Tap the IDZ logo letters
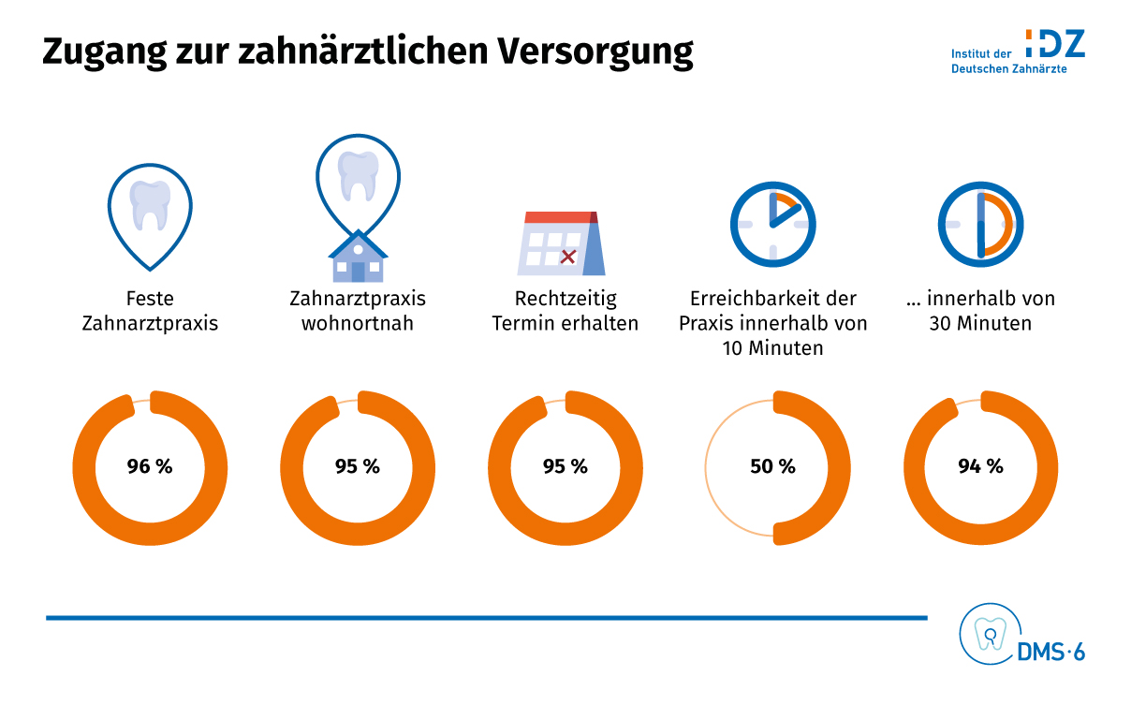click(1055, 43)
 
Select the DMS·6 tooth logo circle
click(985, 635)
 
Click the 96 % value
click(150, 466)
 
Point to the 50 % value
click(773, 466)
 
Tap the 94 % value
click(980, 466)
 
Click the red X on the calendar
click(567, 256)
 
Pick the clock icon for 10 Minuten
click(773, 224)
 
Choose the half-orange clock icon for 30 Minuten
click(980, 224)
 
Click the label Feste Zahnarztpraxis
click(150, 311)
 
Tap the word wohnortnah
click(358, 324)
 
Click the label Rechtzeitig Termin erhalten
click(565, 311)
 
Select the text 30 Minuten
click(980, 324)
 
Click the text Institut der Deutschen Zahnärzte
click(1008, 62)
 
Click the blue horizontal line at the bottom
click(487, 618)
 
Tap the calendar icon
click(562, 243)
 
